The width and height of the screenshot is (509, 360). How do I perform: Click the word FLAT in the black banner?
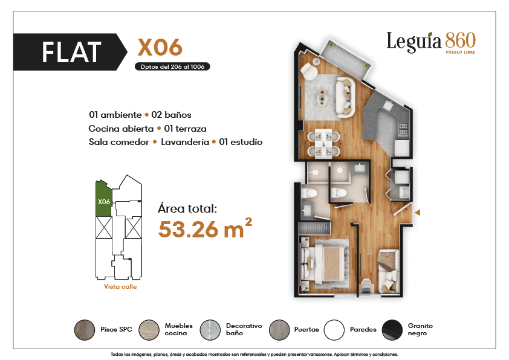coord(71,52)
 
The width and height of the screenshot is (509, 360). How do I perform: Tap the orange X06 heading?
coord(160,48)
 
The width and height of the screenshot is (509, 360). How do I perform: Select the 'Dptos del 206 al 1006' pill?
coord(172,67)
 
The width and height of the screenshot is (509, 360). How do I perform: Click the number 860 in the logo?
coord(460,40)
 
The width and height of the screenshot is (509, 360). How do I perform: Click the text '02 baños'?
coord(171,115)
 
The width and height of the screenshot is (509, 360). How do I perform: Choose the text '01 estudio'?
coord(241,142)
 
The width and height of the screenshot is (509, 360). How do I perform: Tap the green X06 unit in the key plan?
coord(103,199)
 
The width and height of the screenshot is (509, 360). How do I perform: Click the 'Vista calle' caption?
coord(120,287)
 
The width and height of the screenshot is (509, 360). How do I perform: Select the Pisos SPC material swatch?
coord(85,330)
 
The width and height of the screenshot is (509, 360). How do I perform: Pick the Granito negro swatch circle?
coord(392,330)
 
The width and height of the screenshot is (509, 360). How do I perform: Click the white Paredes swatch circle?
coord(334,330)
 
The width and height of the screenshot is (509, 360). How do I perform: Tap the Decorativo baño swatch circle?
coord(210,330)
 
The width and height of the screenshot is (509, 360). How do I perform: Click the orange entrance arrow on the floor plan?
coord(418,213)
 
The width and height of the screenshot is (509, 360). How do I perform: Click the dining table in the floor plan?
coord(323,143)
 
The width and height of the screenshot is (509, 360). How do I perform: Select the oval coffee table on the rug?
coord(322,97)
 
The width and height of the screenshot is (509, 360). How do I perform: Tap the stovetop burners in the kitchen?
coord(403,129)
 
